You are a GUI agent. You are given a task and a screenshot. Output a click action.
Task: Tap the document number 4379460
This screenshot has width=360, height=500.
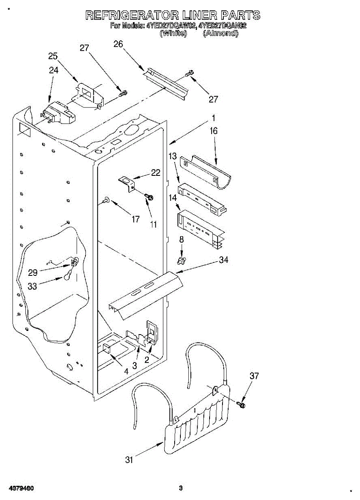tap(19, 488)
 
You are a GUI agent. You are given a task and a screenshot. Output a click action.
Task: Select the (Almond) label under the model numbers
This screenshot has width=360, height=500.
tap(220, 34)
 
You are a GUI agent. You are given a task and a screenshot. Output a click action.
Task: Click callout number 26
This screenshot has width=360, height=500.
tap(118, 44)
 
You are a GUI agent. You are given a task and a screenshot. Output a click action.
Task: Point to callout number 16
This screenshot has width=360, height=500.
tap(213, 131)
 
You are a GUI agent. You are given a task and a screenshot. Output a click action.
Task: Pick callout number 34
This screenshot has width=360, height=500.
tap(223, 260)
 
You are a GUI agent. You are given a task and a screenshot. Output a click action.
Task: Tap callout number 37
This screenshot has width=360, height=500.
tap(254, 376)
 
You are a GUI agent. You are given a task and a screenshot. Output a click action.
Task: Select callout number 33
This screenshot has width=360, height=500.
tap(32, 287)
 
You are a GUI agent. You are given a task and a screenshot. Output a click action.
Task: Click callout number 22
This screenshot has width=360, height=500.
tap(156, 172)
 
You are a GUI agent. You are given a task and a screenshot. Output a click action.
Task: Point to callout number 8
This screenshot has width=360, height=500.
tap(181, 240)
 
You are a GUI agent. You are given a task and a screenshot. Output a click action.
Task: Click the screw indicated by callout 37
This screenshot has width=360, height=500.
tap(241, 404)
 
